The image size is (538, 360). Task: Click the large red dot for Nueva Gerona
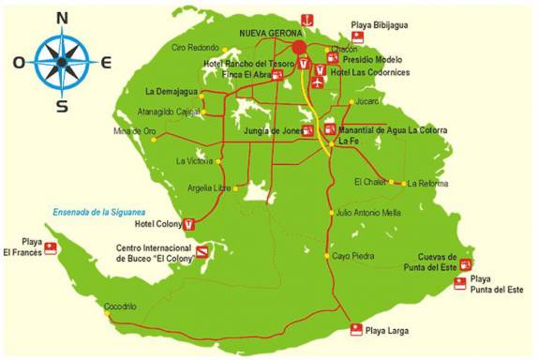pyautogui.click(x=299, y=47)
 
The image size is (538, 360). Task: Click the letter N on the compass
pyautogui.click(x=62, y=18)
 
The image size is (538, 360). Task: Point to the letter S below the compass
pyautogui.click(x=62, y=105)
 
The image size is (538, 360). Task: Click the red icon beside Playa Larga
pyautogui.click(x=355, y=328)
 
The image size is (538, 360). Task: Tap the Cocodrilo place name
pyautogui.click(x=120, y=307)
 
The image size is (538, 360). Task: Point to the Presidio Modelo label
pyautogui.click(x=371, y=58)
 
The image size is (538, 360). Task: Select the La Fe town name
pyautogui.click(x=348, y=141)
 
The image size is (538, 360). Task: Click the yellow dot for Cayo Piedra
pyautogui.click(x=327, y=255)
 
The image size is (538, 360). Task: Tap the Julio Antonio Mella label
pyautogui.click(x=368, y=213)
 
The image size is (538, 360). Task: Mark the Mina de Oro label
pyautogui.click(x=127, y=130)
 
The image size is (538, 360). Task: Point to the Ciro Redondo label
pyautogui.click(x=194, y=47)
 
